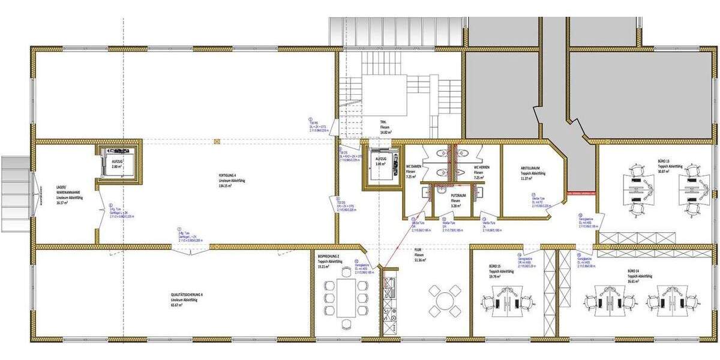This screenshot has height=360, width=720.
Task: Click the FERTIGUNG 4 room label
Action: click(227, 175)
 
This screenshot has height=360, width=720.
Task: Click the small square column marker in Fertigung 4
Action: click(217, 142)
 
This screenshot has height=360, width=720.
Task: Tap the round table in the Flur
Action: click(445, 298)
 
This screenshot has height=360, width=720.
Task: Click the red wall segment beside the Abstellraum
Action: click(580, 193)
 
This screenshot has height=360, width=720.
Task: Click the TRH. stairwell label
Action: click(382, 122)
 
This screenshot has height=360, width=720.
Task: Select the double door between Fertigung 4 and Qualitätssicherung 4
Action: click(179, 248)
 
